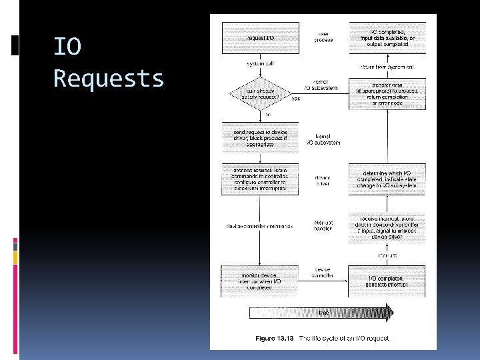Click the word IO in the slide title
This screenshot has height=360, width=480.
tap(67, 47)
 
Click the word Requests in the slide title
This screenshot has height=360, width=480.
tap(109, 79)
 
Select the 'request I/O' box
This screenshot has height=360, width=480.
tap(261, 39)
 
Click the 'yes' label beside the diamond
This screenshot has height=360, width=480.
tap(296, 99)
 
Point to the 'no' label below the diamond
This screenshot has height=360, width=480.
tap(269, 115)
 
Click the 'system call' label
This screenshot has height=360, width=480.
tap(261, 63)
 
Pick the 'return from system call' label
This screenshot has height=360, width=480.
tap(387, 67)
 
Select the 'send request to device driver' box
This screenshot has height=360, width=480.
tap(261, 137)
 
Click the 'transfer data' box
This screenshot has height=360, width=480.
tap(387, 93)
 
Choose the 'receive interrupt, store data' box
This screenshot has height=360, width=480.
tap(387, 227)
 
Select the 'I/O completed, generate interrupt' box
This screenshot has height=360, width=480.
tap(387, 281)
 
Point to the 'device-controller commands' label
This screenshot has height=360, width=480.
tap(259, 226)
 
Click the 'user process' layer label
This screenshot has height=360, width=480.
tap(323, 35)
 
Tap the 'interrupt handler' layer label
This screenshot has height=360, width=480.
tap(323, 226)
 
